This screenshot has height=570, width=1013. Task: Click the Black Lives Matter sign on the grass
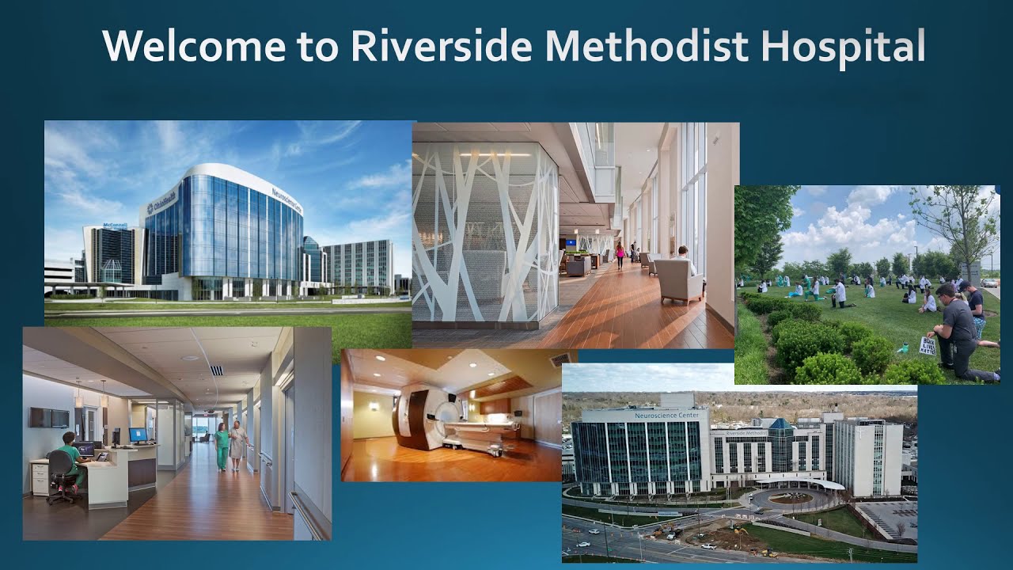point(928,346)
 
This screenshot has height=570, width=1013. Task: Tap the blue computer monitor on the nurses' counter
point(138,435)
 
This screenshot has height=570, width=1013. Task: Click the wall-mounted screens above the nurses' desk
point(50,417)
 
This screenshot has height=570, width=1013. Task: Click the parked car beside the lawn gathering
point(989,283)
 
